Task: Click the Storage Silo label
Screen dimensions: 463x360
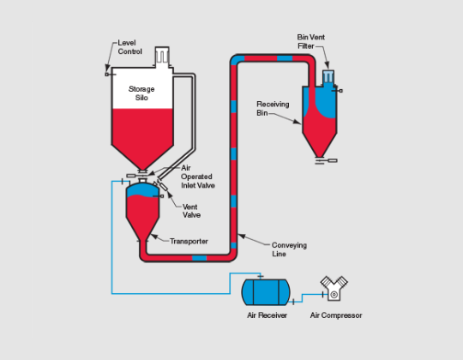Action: [x=141, y=93]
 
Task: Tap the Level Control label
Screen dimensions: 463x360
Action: [x=130, y=47]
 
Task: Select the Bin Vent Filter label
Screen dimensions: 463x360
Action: [x=310, y=42]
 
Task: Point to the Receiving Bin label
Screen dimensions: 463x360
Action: [x=273, y=108]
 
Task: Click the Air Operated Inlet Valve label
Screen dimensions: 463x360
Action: [x=197, y=177]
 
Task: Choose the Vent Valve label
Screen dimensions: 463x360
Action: [x=191, y=211]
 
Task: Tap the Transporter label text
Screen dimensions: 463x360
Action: [x=189, y=241]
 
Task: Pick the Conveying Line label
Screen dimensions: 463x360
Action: [x=289, y=249]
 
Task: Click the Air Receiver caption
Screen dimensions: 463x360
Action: [x=267, y=315]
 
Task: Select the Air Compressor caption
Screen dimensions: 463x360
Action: [x=336, y=315]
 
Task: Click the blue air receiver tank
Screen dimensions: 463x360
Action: [x=266, y=292]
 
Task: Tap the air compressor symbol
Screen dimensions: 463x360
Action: [x=334, y=288]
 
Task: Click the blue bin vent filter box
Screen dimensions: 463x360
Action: [x=328, y=77]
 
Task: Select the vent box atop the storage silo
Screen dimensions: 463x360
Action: [x=162, y=56]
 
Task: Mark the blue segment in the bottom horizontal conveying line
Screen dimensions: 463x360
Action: [x=199, y=258]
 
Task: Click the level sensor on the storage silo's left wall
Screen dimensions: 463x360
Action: [x=110, y=75]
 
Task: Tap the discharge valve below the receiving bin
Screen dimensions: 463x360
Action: [x=327, y=161]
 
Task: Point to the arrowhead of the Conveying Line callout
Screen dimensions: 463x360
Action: [x=241, y=236]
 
